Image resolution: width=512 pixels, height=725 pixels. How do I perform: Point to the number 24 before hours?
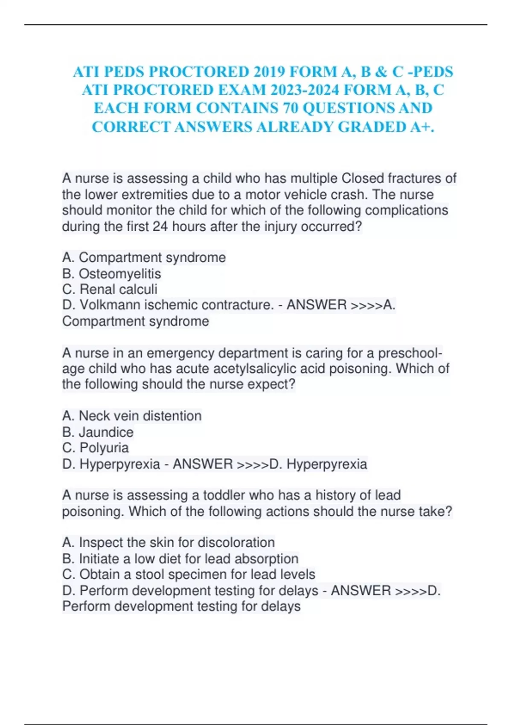tap(160, 226)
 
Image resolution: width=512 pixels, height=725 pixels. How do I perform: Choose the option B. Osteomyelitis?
tap(112, 273)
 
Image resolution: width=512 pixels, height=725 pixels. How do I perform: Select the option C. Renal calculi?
tap(110, 289)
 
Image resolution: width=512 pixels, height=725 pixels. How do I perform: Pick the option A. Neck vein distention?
tap(132, 416)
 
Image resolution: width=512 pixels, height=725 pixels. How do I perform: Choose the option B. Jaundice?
tap(98, 432)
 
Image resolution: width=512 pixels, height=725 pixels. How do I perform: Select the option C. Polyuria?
tap(96, 448)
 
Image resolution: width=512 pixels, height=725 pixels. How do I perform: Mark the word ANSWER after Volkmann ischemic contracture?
tap(316, 305)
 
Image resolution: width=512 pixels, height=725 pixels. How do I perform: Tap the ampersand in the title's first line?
tap(381, 72)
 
